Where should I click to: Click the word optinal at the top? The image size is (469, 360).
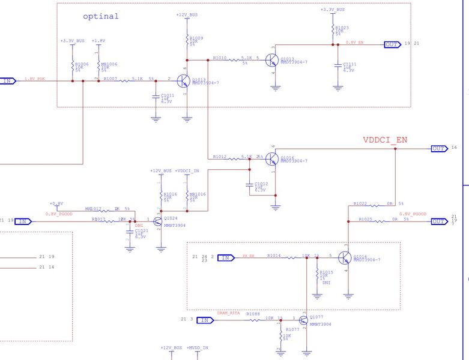tap(101, 16)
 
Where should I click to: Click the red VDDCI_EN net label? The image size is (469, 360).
tap(385, 140)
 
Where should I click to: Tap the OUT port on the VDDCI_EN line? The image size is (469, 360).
tap(439, 148)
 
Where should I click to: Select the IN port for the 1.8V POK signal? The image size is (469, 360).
tap(8, 80)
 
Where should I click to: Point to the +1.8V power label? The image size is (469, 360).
tap(98, 41)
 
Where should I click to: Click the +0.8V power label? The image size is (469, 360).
tap(56, 203)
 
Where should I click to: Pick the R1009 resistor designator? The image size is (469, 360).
tap(196, 38)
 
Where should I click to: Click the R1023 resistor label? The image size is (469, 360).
tap(342, 28)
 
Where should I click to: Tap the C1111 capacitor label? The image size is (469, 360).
tap(349, 64)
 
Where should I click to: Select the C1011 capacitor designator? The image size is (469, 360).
tap(168, 95)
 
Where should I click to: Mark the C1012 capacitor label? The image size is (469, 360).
tap(261, 184)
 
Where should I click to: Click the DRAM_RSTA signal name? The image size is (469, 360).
tap(229, 313)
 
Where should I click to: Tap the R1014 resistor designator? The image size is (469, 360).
tap(274, 255)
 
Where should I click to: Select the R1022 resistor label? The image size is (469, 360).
tap(360, 203)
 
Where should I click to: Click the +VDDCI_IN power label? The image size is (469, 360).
tap(187, 171)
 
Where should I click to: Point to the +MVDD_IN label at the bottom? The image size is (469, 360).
tap(198, 347)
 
